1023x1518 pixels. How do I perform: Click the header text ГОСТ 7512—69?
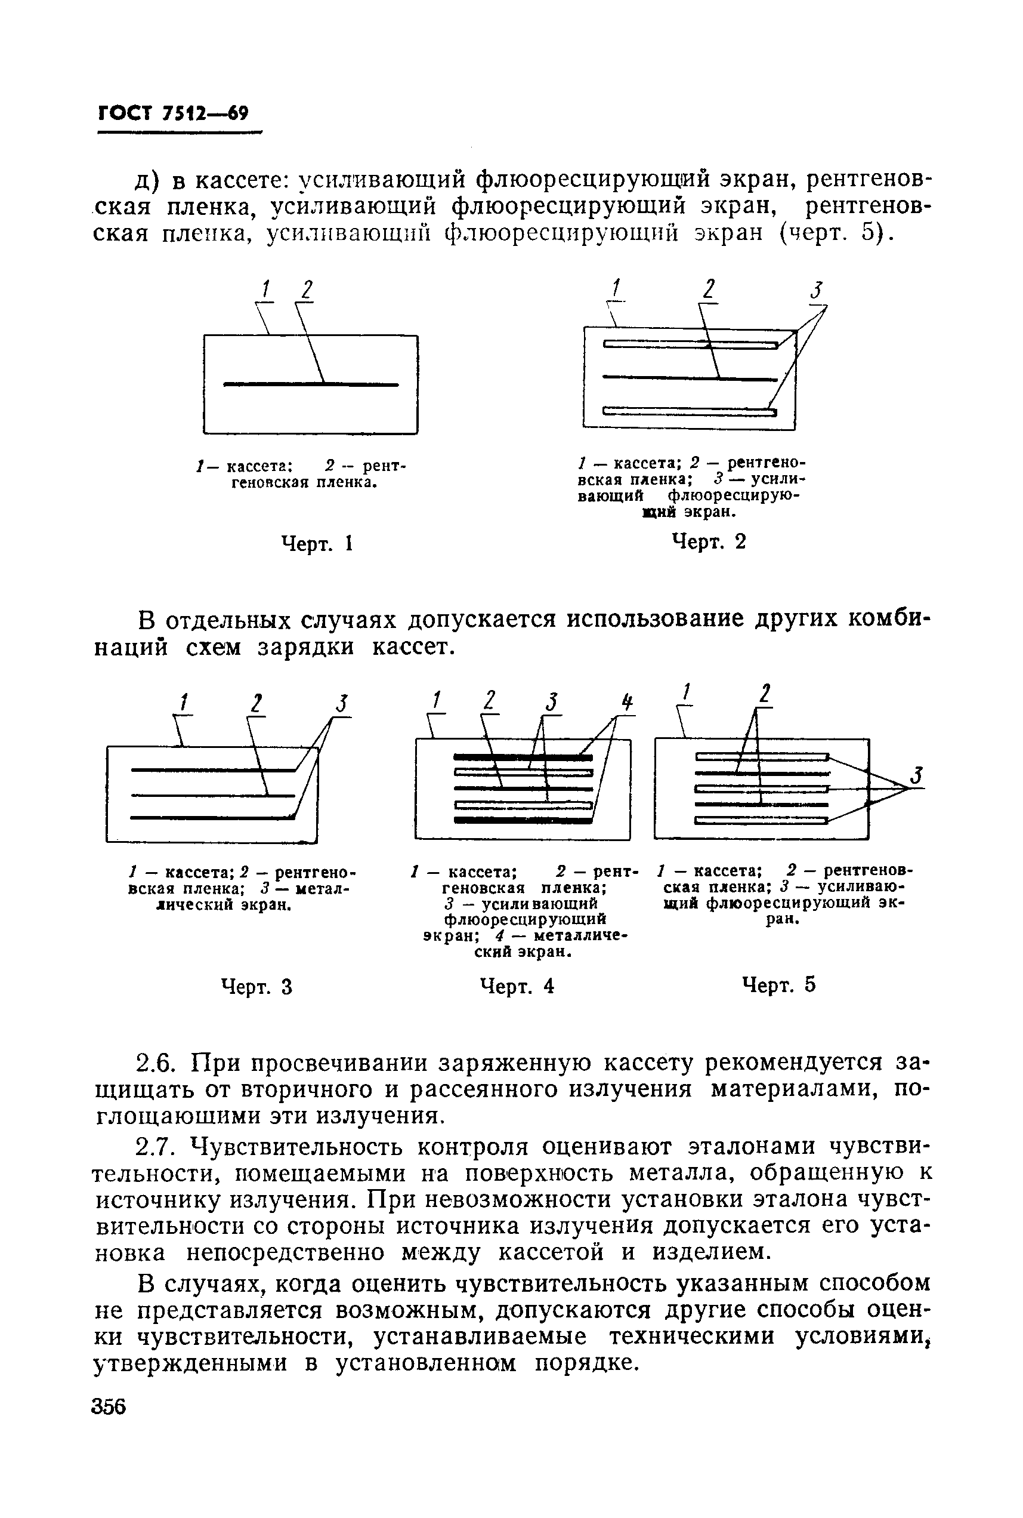point(173,113)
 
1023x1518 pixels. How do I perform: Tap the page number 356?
point(109,1406)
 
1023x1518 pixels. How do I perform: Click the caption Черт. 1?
point(316,543)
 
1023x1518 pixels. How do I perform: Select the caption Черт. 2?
point(709,541)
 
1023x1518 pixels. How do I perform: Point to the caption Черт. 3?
point(256,987)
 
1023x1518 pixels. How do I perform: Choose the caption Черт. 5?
point(779,984)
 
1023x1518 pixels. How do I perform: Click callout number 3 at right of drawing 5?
point(917,775)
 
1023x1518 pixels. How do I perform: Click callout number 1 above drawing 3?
point(183,703)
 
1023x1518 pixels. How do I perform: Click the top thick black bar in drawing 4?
point(523,758)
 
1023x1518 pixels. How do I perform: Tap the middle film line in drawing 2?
point(690,377)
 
